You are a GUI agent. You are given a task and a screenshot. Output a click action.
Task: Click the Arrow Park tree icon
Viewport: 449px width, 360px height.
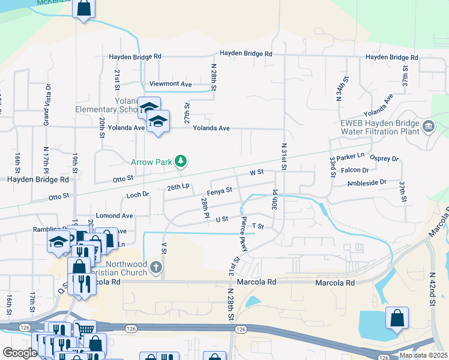[x=180, y=161]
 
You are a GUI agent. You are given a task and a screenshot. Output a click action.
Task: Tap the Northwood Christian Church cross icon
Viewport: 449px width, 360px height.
[x=156, y=267]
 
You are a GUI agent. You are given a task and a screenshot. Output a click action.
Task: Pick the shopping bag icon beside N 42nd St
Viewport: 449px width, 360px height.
[x=397, y=318]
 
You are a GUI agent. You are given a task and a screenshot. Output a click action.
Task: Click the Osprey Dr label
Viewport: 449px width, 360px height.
[x=387, y=159]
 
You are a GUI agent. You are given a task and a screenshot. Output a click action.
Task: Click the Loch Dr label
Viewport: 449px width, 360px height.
[x=137, y=195]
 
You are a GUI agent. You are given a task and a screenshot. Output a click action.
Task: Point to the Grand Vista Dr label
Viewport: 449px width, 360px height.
[x=46, y=104]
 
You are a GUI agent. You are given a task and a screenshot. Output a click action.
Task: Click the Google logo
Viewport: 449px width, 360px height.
[x=20, y=353]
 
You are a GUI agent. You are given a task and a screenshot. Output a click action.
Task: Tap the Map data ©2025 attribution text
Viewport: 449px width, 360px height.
[x=423, y=355]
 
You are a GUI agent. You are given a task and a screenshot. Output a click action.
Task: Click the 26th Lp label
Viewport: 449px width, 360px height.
[x=178, y=187]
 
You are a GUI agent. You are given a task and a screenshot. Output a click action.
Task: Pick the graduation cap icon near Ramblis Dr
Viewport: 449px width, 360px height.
[x=58, y=241]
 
